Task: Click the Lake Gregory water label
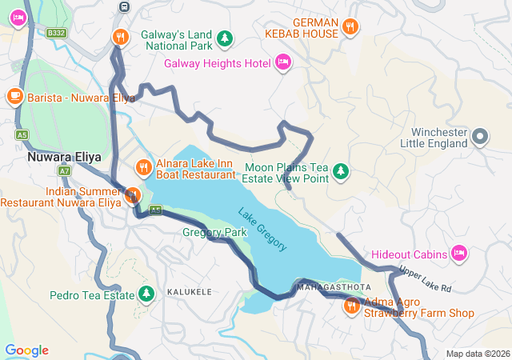point(262,229)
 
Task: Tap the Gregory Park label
point(214,232)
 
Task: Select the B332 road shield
point(55,33)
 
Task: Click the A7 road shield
point(64,171)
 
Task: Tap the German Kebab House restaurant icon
point(350,28)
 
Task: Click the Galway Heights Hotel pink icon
point(282,62)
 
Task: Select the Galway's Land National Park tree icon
point(226,38)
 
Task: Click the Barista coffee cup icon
point(14,96)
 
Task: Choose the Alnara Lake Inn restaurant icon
point(143,167)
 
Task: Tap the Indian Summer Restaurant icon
point(133,194)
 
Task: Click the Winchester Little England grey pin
point(480,136)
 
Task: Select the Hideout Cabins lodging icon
point(459,254)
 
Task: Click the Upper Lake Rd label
point(426,279)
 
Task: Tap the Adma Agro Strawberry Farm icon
point(352,306)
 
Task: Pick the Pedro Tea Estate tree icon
point(146,294)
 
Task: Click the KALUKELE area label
point(190,293)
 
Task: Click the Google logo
point(26,350)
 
